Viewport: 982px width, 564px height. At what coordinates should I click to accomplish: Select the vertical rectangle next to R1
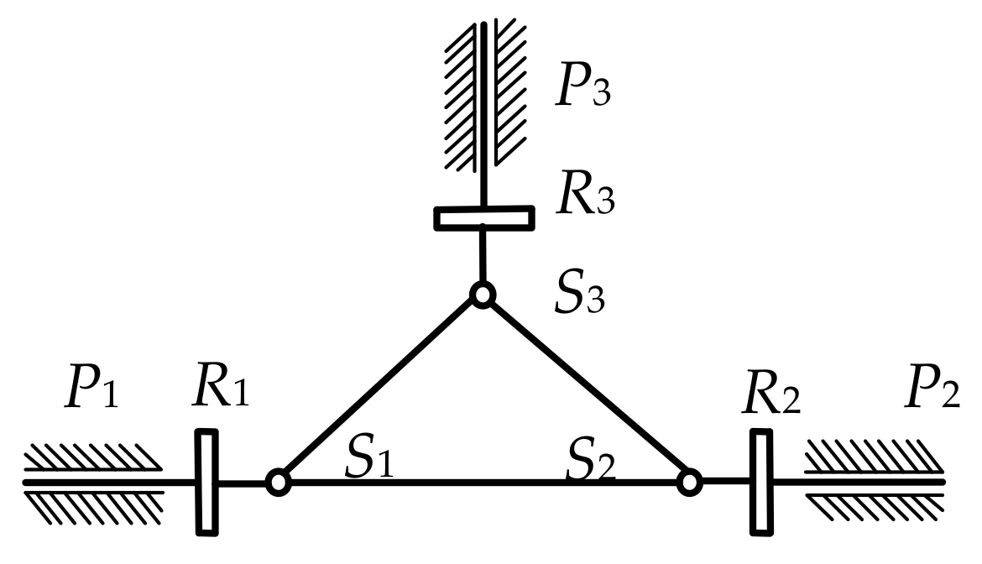[x=206, y=482]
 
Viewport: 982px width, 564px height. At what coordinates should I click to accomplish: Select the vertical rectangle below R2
[x=760, y=482]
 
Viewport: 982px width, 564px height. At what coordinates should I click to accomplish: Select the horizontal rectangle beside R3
[x=483, y=218]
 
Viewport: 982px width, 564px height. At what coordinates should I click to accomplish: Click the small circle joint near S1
[x=278, y=482]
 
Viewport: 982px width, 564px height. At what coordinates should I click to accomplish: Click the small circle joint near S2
[x=689, y=482]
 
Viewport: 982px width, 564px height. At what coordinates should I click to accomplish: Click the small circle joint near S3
[x=483, y=295]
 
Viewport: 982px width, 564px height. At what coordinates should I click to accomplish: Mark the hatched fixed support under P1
[x=92, y=482]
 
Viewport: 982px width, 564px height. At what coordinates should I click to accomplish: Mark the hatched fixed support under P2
[x=873, y=482]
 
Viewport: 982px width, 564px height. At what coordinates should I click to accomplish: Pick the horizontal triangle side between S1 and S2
[x=483, y=483]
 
